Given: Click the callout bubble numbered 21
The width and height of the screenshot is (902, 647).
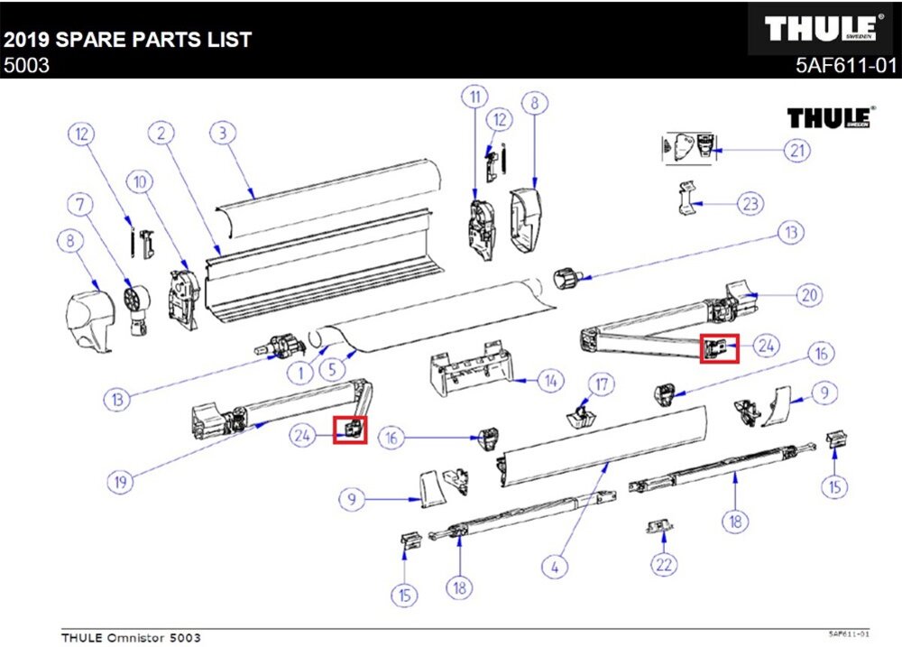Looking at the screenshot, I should click(x=796, y=150).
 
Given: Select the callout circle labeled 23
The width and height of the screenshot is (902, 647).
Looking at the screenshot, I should click(x=750, y=204).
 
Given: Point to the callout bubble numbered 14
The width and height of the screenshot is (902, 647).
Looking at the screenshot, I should click(x=550, y=381).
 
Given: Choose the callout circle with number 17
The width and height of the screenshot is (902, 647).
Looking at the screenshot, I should click(x=600, y=384).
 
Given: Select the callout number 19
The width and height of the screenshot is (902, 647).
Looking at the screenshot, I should click(x=119, y=482).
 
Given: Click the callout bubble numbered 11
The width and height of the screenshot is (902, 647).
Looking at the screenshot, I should click(x=474, y=95).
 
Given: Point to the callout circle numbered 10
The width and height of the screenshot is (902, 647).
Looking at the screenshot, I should click(x=140, y=183).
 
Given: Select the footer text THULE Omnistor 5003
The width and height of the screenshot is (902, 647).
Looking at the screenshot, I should click(x=131, y=638).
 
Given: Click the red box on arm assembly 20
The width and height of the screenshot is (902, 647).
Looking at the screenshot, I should click(x=720, y=347).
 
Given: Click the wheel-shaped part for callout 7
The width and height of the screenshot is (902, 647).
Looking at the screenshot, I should click(x=135, y=300).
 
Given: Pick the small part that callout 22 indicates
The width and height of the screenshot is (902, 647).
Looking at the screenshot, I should click(x=658, y=526).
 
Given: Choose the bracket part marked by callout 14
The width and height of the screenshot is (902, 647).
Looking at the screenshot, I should click(x=469, y=365).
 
